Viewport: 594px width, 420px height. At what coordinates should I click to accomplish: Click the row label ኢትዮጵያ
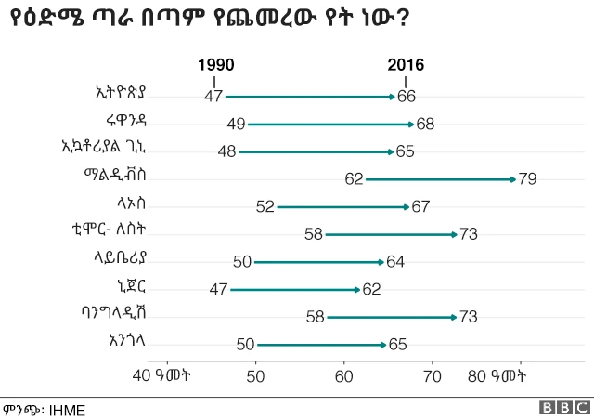123,93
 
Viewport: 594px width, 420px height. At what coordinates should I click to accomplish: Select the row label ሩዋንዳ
127,120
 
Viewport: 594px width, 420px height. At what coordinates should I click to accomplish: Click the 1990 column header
215,65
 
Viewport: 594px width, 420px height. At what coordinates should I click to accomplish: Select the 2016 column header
406,65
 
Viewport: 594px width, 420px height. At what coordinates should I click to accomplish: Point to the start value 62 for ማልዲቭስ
354,178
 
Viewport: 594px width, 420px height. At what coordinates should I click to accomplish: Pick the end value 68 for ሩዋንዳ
426,124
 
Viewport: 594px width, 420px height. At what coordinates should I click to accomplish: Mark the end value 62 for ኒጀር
371,290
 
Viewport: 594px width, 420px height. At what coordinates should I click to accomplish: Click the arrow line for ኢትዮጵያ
310,96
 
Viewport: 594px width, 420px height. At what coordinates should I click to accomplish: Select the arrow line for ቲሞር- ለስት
390,234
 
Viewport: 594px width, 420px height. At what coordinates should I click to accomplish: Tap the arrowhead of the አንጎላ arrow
383,345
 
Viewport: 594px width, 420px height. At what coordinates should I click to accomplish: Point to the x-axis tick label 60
344,376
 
